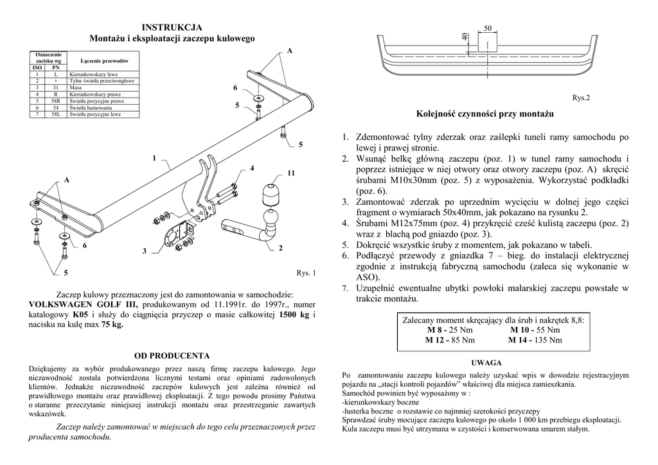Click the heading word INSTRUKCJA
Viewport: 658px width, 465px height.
pos(172,27)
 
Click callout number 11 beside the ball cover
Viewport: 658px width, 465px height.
pos(291,173)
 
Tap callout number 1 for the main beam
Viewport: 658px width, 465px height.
pos(154,157)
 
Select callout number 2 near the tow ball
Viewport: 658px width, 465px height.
pos(281,248)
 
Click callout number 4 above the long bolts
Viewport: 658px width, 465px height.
pos(253,168)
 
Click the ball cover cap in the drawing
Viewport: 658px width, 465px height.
pos(270,195)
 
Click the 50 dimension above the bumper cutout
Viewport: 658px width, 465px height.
pos(488,28)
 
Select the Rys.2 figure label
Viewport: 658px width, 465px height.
pos(580,98)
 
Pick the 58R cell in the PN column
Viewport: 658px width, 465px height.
pos(56,101)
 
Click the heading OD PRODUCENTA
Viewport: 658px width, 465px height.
pos(172,355)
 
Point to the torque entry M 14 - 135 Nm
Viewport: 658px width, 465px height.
pos(535,340)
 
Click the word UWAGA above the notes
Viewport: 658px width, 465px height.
pos(486,362)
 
